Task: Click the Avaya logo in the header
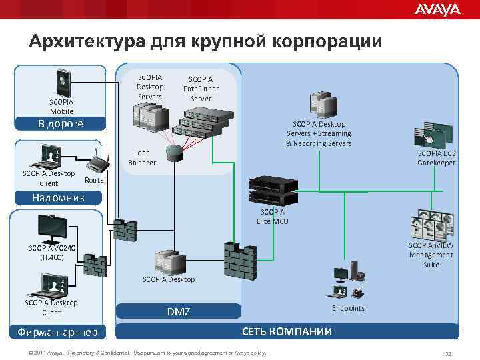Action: [437, 9]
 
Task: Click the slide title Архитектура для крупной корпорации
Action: [205, 41]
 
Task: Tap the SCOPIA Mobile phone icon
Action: [63, 82]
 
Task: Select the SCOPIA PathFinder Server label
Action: [201, 89]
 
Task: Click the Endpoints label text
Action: [348, 308]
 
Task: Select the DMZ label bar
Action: [178, 311]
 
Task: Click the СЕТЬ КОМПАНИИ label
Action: [287, 331]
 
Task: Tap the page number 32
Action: [448, 353]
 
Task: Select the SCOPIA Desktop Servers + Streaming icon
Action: [319, 104]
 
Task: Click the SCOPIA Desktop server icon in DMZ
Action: [167, 259]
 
